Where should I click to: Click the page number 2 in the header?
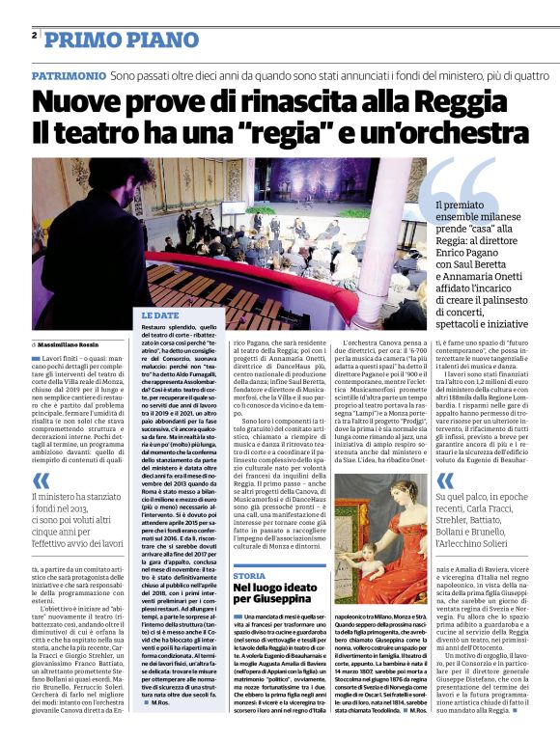(x=35, y=35)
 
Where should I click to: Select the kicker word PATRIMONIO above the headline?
(x=68, y=74)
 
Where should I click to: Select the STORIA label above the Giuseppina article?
(x=249, y=575)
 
